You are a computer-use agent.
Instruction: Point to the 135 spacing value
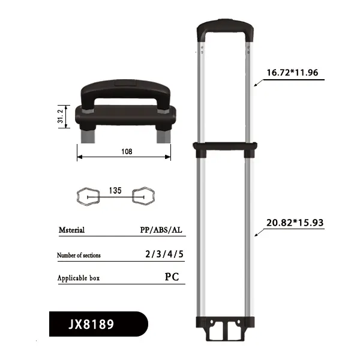pos(116,190)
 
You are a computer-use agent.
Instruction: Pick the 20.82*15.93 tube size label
pos(295,223)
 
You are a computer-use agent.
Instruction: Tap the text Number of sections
pos(79,255)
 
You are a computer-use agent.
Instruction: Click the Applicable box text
pos(78,278)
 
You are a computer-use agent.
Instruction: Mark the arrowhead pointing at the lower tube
pos(254,235)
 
